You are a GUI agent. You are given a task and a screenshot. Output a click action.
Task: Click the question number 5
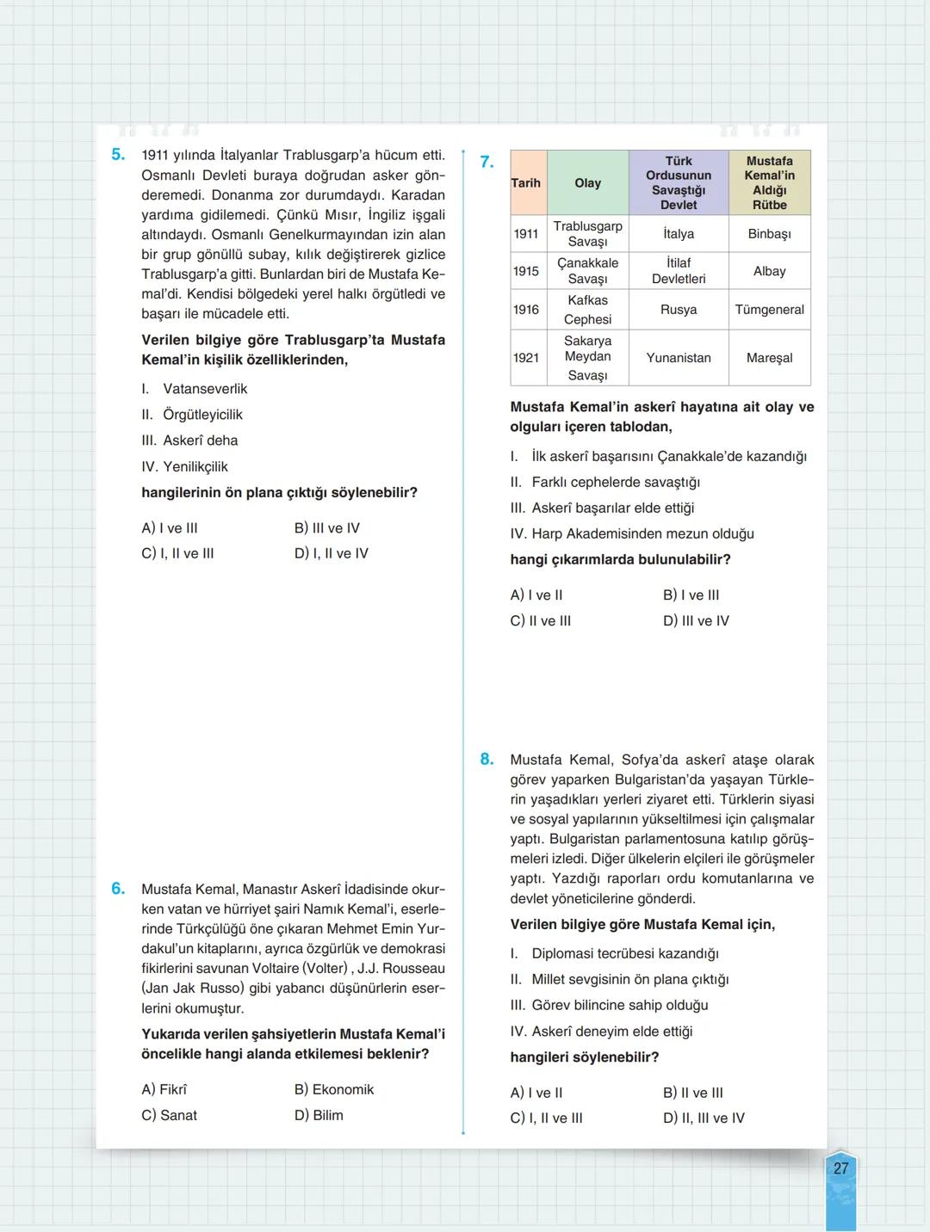[118, 155]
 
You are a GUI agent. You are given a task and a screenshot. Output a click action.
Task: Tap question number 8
[487, 759]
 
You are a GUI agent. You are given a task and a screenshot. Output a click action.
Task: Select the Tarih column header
[526, 182]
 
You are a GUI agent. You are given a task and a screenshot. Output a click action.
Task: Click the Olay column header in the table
[587, 182]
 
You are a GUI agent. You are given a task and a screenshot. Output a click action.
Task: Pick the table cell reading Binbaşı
[769, 234]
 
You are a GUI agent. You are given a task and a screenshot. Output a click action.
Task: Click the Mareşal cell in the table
[769, 357]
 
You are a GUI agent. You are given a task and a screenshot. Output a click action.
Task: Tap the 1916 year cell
[526, 310]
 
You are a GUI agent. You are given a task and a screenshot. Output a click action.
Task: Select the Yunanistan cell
[679, 357]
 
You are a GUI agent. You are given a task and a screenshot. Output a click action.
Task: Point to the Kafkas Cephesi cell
[587, 310]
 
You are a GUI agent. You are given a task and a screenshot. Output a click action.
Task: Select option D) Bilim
[319, 1115]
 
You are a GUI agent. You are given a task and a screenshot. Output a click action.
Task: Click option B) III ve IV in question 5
[327, 528]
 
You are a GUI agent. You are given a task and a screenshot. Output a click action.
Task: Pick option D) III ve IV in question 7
[696, 620]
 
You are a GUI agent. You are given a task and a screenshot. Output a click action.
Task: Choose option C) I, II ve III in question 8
[546, 1118]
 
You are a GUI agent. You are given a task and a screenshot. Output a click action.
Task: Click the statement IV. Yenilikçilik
[185, 466]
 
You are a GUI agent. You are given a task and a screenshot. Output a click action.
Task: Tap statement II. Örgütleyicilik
[192, 415]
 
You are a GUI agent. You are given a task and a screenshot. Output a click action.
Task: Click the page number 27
[840, 1168]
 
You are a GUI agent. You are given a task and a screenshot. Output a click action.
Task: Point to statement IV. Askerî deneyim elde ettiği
[601, 1031]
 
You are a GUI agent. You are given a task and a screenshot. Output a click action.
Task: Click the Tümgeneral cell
[769, 310]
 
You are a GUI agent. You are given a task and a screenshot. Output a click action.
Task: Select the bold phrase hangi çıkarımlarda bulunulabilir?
[620, 559]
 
